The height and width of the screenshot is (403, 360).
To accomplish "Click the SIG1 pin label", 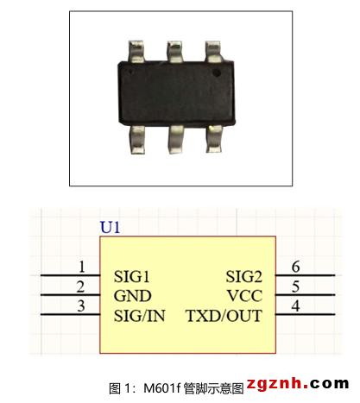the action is pyautogui.click(x=131, y=277).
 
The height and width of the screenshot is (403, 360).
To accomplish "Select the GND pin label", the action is pyautogui.click(x=132, y=296).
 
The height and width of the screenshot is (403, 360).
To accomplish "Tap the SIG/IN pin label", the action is pyautogui.click(x=139, y=316).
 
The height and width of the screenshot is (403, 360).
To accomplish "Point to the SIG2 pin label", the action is pyautogui.click(x=244, y=277).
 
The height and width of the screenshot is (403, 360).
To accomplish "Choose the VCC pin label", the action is pyautogui.click(x=244, y=296).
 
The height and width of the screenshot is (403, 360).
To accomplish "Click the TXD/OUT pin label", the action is pyautogui.click(x=224, y=316).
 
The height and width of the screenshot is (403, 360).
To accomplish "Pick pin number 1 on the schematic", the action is pyautogui.click(x=82, y=267).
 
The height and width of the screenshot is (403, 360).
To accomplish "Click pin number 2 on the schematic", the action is pyautogui.click(x=81, y=287).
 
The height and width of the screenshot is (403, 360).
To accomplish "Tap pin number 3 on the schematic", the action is pyautogui.click(x=81, y=305).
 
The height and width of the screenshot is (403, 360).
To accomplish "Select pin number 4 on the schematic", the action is pyautogui.click(x=296, y=305).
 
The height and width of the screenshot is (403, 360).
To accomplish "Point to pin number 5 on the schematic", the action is pyautogui.click(x=296, y=287).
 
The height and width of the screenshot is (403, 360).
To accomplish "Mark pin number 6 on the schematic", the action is pyautogui.click(x=296, y=267).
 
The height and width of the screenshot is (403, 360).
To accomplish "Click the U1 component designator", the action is pyautogui.click(x=110, y=227).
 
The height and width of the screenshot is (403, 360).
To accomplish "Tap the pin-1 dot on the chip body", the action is pyautogui.click(x=217, y=72).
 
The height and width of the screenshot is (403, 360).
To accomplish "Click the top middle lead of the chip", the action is pyautogui.click(x=174, y=52).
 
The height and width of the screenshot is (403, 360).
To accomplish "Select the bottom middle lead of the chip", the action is pyautogui.click(x=176, y=139).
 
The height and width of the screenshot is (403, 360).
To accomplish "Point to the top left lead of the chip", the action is pyautogui.click(x=136, y=51).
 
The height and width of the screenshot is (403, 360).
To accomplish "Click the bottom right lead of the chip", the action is pyautogui.click(x=215, y=138).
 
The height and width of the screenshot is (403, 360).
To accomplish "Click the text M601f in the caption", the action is pyautogui.click(x=162, y=388).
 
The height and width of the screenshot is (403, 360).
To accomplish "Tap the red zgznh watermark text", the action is pyautogui.click(x=274, y=383).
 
